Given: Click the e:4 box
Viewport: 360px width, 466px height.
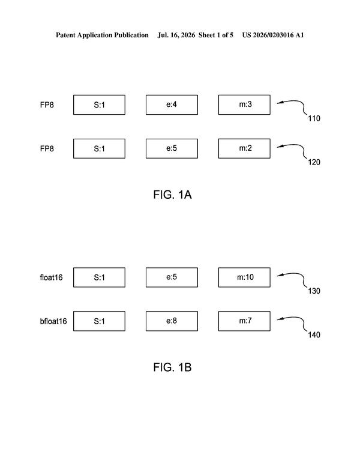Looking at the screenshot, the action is pos(172,104).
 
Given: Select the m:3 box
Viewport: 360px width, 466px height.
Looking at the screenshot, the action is pos(244,104).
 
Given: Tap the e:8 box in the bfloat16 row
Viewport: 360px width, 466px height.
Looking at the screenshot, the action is pos(172,321).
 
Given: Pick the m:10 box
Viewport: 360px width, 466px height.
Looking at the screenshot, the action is pos(244,277).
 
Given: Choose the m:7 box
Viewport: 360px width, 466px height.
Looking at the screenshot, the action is pos(244,321).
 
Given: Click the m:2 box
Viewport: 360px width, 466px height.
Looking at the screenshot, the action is pos(244,148).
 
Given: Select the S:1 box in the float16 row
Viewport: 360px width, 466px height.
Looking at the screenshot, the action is pos(99,277).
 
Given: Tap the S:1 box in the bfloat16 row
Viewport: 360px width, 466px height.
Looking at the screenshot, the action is pos(99,321).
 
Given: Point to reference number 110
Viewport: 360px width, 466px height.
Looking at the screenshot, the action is pos(314,118).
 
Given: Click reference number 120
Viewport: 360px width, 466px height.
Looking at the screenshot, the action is pos(314,162).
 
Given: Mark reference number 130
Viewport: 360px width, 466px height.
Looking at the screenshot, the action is pos(314,291).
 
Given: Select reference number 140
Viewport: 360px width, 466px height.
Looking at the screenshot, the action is pos(314,335).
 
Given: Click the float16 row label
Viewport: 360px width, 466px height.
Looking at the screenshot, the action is pos(51,277).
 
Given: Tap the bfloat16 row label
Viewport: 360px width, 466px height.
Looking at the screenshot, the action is pos(53,321).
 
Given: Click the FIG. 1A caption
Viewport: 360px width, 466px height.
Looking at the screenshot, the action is pos(172,195).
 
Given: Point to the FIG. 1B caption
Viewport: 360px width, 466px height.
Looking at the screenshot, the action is pos(172,368).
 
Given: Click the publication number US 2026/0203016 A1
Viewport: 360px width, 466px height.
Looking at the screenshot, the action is pos(273,35).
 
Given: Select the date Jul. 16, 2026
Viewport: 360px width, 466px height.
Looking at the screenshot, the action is pos(176,35).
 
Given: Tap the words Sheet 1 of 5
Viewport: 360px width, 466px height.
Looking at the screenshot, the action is pos(215,35).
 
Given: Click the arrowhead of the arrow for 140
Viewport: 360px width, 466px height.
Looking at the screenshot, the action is pos(278,319).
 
